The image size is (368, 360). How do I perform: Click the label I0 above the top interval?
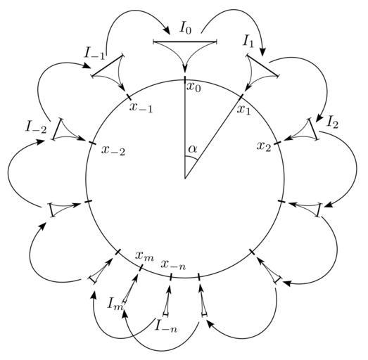pos(186,29)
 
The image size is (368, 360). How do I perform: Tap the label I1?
pos(248,42)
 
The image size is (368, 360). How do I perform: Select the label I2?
pos(333,122)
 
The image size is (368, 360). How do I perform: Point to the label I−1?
pos(94,54)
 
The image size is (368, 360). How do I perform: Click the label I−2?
pos(36,128)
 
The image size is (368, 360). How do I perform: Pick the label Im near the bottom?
pos(115,304)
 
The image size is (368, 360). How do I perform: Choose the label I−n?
pos(166,326)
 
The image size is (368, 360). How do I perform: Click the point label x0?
pos(194,87)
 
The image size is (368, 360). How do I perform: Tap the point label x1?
pos(244,110)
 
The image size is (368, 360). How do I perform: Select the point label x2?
pos(264,146)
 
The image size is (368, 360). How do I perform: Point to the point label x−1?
pos(141,108)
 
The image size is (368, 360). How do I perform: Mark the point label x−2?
pos(113,150)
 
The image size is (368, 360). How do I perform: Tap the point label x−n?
pos(173,265)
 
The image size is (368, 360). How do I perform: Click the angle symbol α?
pos(193,149)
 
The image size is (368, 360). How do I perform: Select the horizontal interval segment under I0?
pos(185,42)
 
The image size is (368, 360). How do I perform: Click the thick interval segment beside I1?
pos(262,65)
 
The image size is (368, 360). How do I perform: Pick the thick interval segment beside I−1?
pos(108,65)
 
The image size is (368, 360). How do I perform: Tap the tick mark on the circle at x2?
pos(277,142)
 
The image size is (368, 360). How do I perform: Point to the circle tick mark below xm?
pos(141,268)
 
